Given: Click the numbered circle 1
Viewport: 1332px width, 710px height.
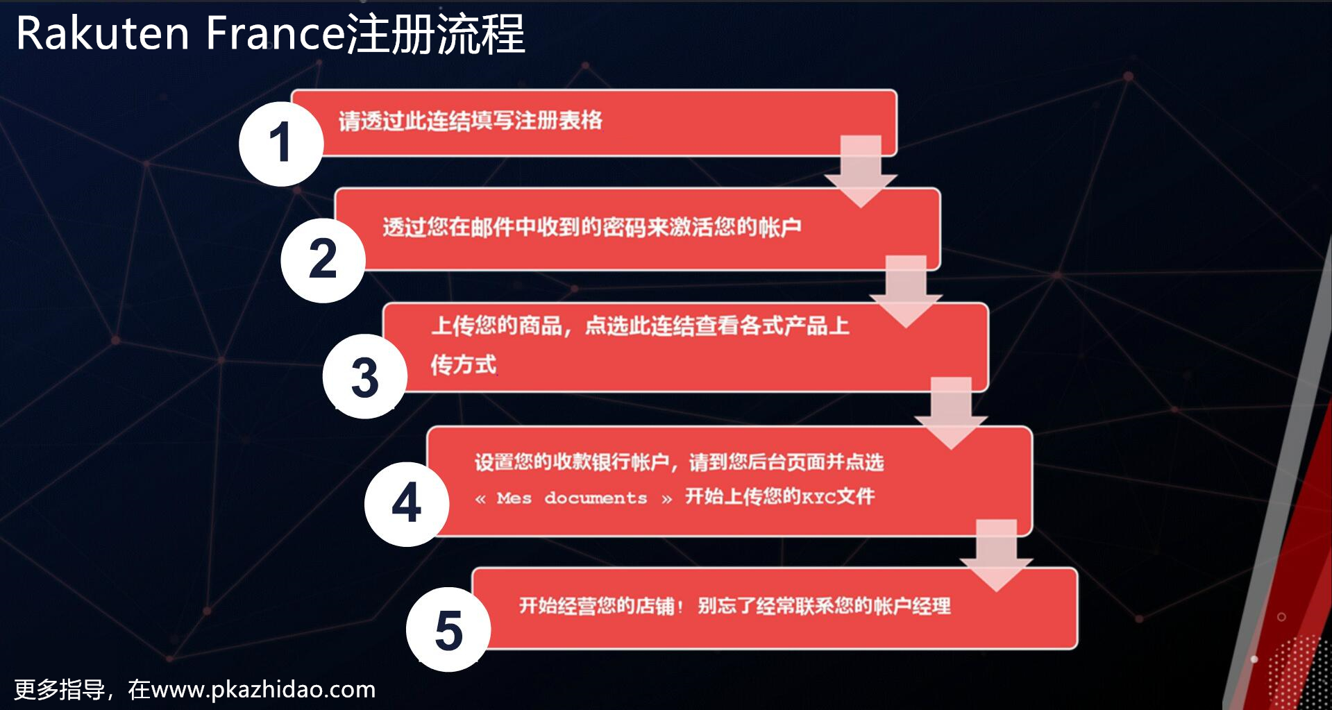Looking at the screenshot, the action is point(281,144).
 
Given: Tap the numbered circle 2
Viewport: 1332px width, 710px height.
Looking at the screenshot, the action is point(323,260).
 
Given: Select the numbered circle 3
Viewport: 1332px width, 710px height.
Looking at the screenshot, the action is point(364,376).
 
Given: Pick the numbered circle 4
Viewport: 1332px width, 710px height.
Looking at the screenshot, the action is point(407,504).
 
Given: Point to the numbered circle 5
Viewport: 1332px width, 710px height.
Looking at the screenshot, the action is point(448,629).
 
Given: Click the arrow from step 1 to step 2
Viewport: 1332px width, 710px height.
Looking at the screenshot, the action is point(861,171).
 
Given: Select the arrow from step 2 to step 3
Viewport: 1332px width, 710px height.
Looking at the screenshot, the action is point(906,291).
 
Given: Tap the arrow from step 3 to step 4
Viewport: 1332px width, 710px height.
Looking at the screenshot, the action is point(951,414).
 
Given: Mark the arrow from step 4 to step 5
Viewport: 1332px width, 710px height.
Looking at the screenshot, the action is point(996,556).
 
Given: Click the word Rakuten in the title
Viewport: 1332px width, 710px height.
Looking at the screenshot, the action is point(103,33).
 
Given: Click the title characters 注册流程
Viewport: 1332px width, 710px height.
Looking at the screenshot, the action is point(435,33).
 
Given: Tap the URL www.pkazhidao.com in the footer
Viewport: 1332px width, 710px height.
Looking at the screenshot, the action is point(263,690).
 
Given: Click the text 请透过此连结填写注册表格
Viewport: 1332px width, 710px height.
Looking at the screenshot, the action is point(471,121).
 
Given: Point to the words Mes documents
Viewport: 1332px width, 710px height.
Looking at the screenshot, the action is point(572,498).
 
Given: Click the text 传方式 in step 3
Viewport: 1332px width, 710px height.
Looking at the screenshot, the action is point(464,364).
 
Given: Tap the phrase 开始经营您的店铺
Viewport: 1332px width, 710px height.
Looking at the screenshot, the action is point(597,606).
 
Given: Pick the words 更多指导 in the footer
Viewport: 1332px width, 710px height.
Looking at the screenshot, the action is point(59,690).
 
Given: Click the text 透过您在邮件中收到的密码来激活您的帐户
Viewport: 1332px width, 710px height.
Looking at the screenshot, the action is point(592,227).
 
